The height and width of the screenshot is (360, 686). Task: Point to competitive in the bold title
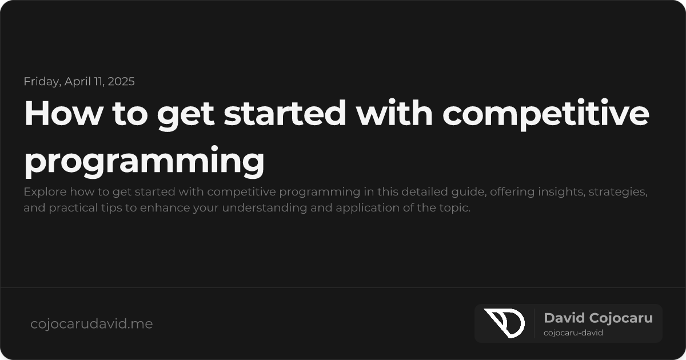click(x=546, y=115)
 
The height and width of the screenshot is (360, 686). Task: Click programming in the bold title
click(x=144, y=162)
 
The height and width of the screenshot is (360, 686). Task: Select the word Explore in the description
click(x=42, y=192)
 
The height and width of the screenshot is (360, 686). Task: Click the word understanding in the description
click(x=261, y=208)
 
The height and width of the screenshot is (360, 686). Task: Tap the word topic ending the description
click(x=456, y=208)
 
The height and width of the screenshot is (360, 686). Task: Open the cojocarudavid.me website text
click(x=91, y=324)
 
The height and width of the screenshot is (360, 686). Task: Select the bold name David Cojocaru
click(x=598, y=318)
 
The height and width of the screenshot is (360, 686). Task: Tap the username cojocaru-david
click(x=573, y=333)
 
